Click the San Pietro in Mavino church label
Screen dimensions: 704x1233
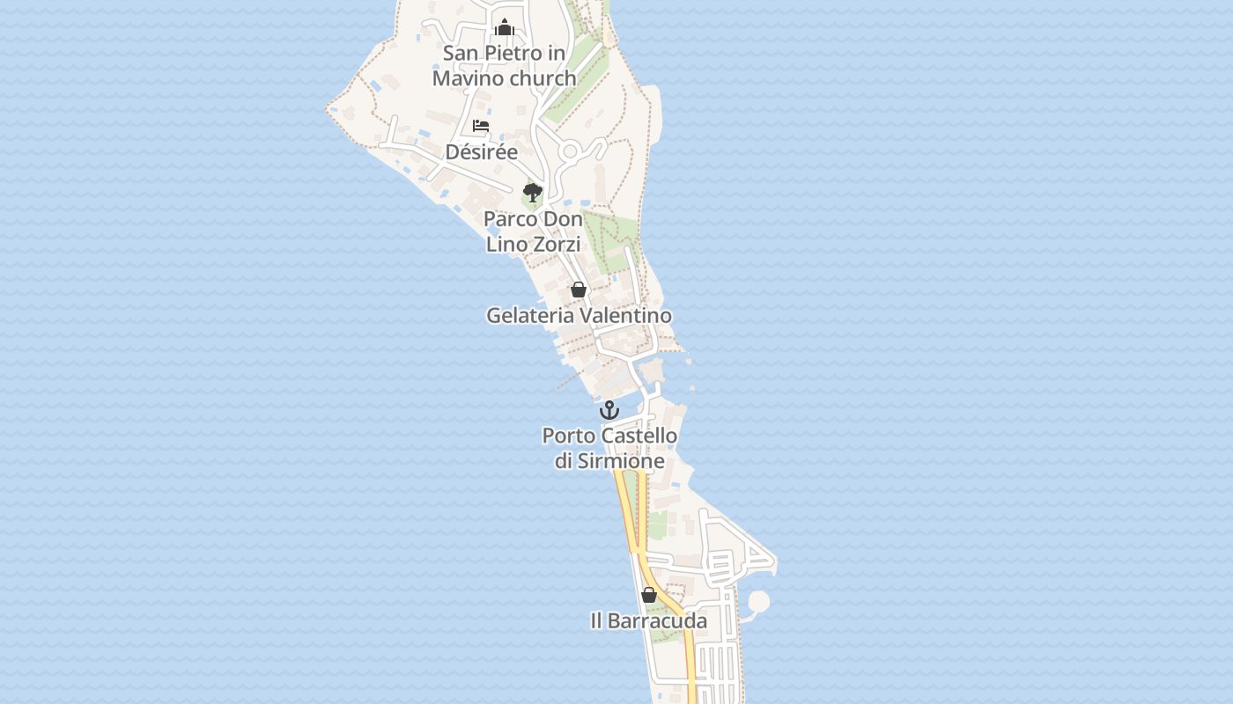click(x=505, y=65)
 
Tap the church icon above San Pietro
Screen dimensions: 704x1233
click(x=505, y=27)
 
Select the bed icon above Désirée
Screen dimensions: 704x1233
click(x=481, y=126)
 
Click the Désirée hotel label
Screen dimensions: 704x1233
click(x=481, y=151)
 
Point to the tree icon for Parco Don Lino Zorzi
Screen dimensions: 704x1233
click(x=532, y=193)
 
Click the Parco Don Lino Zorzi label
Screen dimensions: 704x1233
click(x=533, y=231)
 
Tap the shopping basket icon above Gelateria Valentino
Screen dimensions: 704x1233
click(x=579, y=290)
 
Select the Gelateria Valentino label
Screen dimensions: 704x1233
click(x=579, y=315)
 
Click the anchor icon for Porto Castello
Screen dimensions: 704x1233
click(x=609, y=410)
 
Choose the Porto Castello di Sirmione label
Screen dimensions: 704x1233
click(x=609, y=448)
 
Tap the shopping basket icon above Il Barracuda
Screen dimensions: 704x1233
click(x=649, y=595)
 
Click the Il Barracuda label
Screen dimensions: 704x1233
click(x=648, y=620)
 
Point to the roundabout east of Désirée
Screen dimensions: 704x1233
click(x=570, y=151)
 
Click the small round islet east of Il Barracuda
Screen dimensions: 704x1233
click(x=758, y=602)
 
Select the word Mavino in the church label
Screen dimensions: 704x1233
click(x=468, y=78)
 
